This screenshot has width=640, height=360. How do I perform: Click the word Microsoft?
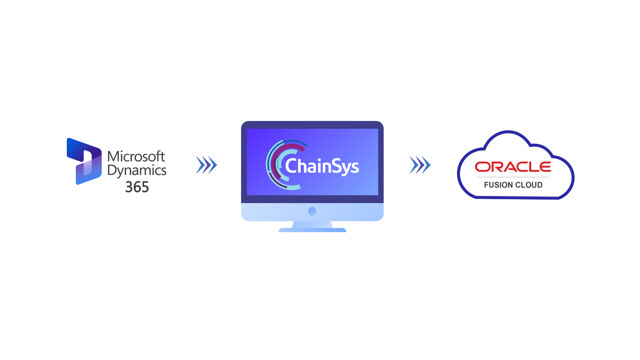[136, 156]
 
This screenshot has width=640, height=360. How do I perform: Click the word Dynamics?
[137, 171]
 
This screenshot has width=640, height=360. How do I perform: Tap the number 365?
[137, 187]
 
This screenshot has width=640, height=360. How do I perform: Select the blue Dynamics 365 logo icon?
[84, 161]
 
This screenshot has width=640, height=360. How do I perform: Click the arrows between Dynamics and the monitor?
[206, 165]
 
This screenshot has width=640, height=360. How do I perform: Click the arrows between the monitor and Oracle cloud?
[420, 165]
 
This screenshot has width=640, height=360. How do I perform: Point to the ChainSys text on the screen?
[322, 166]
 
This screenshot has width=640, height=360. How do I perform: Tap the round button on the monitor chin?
[312, 211]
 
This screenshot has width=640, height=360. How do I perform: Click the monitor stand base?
[312, 230]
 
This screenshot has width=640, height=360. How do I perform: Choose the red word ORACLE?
[513, 167]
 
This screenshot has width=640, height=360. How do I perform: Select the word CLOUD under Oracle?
[529, 185]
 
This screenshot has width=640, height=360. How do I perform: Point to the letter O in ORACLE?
[482, 167]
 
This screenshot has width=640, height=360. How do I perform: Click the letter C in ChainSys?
[291, 166]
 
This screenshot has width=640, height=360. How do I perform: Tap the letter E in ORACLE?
[545, 167]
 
